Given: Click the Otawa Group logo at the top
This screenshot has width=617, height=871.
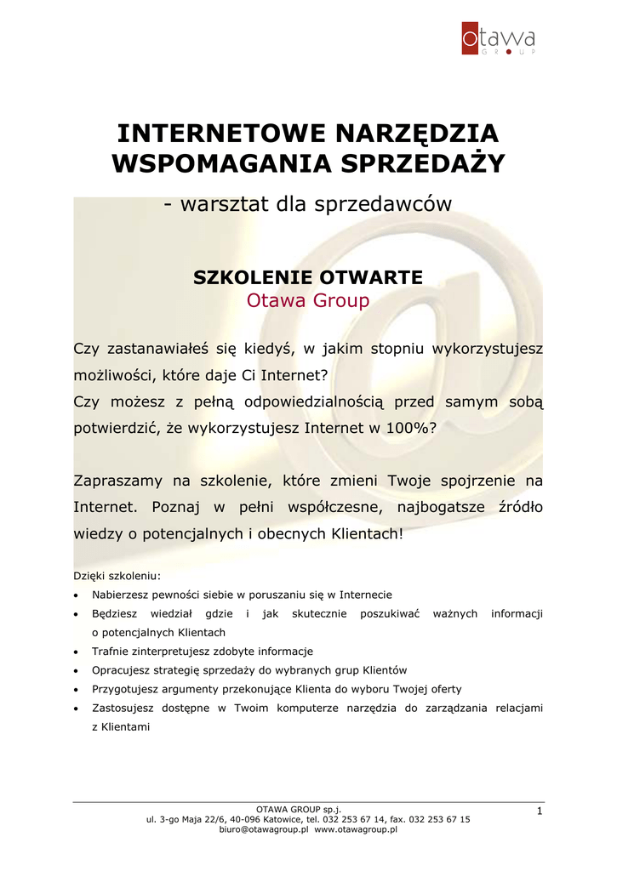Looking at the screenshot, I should pyautogui.click(x=498, y=39).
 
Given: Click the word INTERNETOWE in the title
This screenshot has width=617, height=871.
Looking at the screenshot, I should pyautogui.click(x=221, y=134).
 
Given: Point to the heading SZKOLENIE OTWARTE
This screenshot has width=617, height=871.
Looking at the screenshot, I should pyautogui.click(x=308, y=277).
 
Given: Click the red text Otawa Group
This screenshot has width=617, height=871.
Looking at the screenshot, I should pyautogui.click(x=308, y=300).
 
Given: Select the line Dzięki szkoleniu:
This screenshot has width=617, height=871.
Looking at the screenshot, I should pyautogui.click(x=117, y=576).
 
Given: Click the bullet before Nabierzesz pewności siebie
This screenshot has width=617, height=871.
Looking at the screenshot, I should pyautogui.click(x=77, y=595).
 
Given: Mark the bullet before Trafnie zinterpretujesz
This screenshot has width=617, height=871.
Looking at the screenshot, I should pyautogui.click(x=77, y=652).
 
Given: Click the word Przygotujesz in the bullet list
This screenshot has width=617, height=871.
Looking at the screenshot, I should pyautogui.click(x=127, y=689).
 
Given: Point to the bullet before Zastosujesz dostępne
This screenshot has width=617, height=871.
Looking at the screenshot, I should pyautogui.click(x=77, y=708).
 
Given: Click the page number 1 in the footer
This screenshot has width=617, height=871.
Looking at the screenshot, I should pyautogui.click(x=539, y=813).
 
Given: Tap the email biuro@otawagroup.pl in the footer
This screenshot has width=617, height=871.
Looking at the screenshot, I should pyautogui.click(x=263, y=828).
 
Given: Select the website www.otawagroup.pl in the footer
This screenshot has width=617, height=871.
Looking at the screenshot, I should pyautogui.click(x=356, y=828).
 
